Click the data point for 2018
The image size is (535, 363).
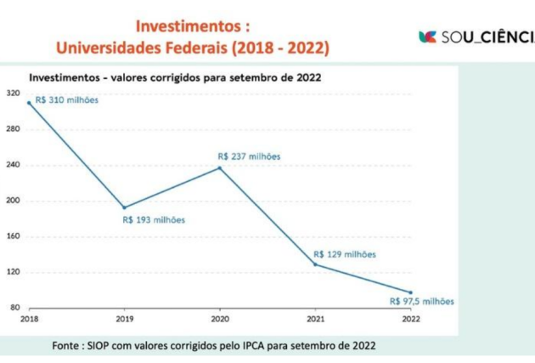pos(29,103)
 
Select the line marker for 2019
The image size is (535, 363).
pos(125,207)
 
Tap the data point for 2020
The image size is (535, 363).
pos(220,167)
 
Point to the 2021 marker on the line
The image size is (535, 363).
pos(315,264)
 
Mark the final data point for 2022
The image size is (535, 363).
pos(411,292)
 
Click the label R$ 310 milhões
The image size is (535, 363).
pos(67,99)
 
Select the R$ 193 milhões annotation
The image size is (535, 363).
pos(154,219)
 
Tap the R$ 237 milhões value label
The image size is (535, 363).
pos(249,156)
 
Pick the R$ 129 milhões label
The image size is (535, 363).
pos(345,253)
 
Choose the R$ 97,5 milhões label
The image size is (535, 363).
pos(421,300)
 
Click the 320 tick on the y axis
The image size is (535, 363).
pos(14,94)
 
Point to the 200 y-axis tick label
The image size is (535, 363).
pos(14,201)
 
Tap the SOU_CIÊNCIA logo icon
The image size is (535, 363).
pos(427,37)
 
